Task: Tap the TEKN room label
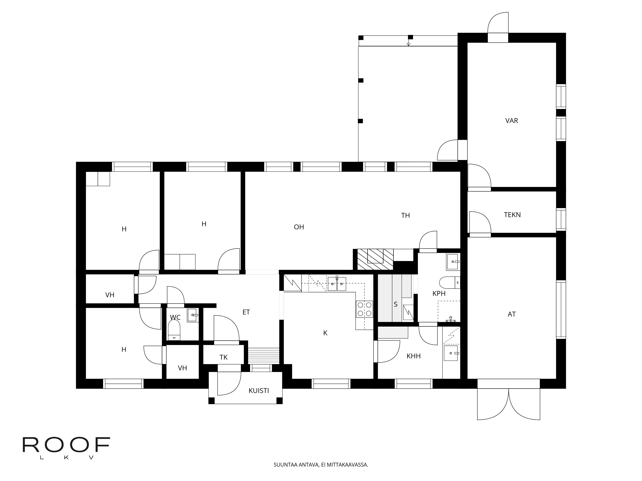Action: pyautogui.click(x=512, y=215)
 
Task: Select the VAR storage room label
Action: pyautogui.click(x=512, y=121)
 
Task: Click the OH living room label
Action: pyautogui.click(x=299, y=227)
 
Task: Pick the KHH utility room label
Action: pyautogui.click(x=414, y=356)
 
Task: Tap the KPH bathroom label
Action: pyautogui.click(x=439, y=293)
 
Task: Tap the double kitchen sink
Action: pyautogui.click(x=337, y=284)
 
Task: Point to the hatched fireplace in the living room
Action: pyautogui.click(x=375, y=259)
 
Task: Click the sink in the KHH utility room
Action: pyautogui.click(x=451, y=353)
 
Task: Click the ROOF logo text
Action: pyautogui.click(x=66, y=445)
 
